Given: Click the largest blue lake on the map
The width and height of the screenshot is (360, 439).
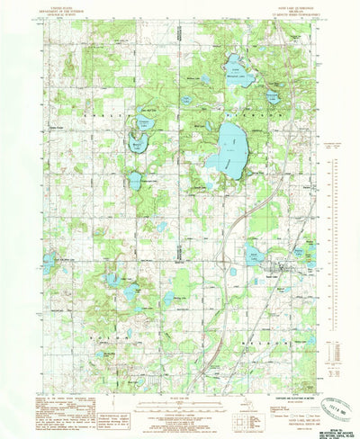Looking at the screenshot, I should [227, 149].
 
